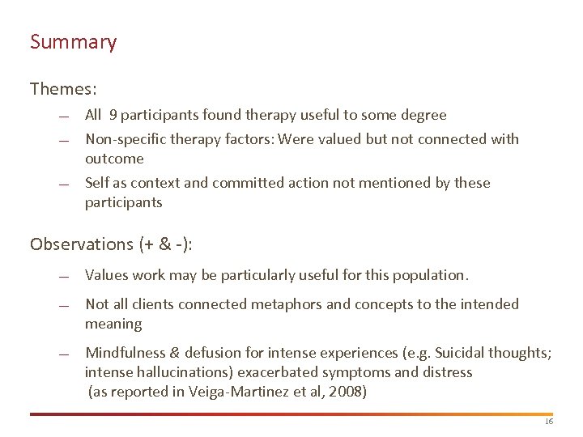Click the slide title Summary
click(x=73, y=42)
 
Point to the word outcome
click(x=114, y=159)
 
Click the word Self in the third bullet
click(x=97, y=183)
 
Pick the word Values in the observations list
click(x=105, y=275)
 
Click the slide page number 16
click(x=548, y=422)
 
